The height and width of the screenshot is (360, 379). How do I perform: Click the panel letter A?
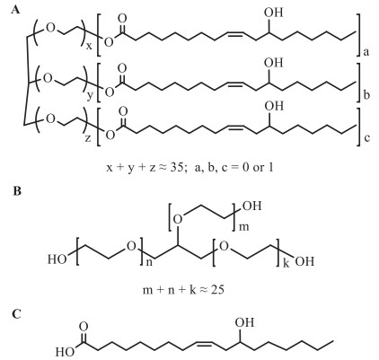tap(16, 10)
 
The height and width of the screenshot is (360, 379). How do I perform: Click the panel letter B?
tap(17, 191)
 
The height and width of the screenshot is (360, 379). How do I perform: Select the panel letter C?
tap(17, 314)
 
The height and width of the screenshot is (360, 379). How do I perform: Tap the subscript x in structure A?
tap(89, 47)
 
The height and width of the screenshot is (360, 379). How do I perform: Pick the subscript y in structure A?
tap(89, 97)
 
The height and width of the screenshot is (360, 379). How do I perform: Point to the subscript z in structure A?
tap(88, 138)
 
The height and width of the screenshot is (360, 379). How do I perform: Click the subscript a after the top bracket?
tap(366, 53)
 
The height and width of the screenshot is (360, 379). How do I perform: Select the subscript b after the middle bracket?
tap(366, 95)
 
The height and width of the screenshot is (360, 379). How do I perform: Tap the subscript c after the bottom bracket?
tap(366, 138)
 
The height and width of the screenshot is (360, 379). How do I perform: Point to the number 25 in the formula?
tap(217, 289)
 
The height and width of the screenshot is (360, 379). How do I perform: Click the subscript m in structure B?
tap(244, 227)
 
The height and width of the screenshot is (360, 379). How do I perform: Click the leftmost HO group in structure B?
tap(57, 259)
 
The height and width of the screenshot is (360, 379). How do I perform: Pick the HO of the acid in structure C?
tap(65, 352)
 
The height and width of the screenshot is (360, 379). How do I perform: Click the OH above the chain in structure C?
tap(244, 322)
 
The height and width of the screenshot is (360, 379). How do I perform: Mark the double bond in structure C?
tap(206, 343)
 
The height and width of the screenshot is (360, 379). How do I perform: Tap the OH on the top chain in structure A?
tap(273, 13)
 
